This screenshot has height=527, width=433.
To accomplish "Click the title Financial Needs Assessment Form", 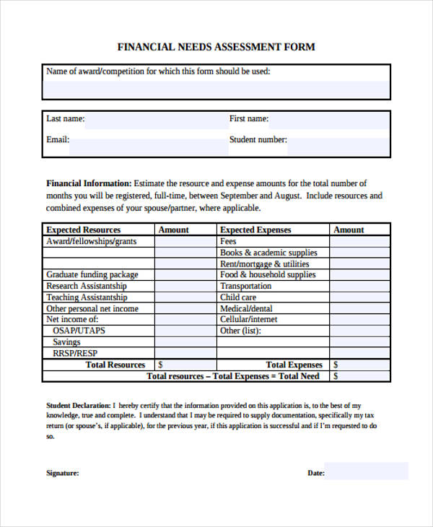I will pyautogui.click(x=216, y=47).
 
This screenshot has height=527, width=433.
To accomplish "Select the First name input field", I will pyautogui.click(x=329, y=120).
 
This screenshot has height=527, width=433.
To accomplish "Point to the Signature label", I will pyautogui.click(x=63, y=474).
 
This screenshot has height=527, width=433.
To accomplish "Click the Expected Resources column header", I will pyautogui.click(x=83, y=230).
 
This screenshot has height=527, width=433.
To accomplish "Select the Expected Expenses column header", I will pyautogui.click(x=255, y=230).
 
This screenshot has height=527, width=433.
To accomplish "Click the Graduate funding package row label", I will pyautogui.click(x=92, y=274).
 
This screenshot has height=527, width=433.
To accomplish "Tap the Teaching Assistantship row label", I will pyautogui.click(x=87, y=297).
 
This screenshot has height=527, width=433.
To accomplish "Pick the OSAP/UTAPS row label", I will pyautogui.click(x=78, y=331).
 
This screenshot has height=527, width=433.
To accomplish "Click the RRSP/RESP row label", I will pyautogui.click(x=74, y=353).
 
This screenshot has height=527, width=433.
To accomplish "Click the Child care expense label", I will pyautogui.click(x=238, y=297).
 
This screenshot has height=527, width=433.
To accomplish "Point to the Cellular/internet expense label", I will pyautogui.click(x=248, y=319).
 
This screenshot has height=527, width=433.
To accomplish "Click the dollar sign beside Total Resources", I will pyautogui.click(x=160, y=365).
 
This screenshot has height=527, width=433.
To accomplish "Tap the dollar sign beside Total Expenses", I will pyautogui.click(x=336, y=365).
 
